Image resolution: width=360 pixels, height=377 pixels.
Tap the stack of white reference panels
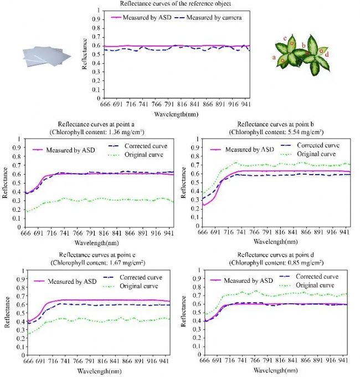pos(47,55)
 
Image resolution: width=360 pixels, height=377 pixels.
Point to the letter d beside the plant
pos(327,54)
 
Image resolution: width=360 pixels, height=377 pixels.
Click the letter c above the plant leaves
pos(285,38)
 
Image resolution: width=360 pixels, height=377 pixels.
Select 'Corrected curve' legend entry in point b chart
pos(317,146)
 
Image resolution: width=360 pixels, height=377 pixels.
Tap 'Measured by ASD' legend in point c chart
pos(73,282)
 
